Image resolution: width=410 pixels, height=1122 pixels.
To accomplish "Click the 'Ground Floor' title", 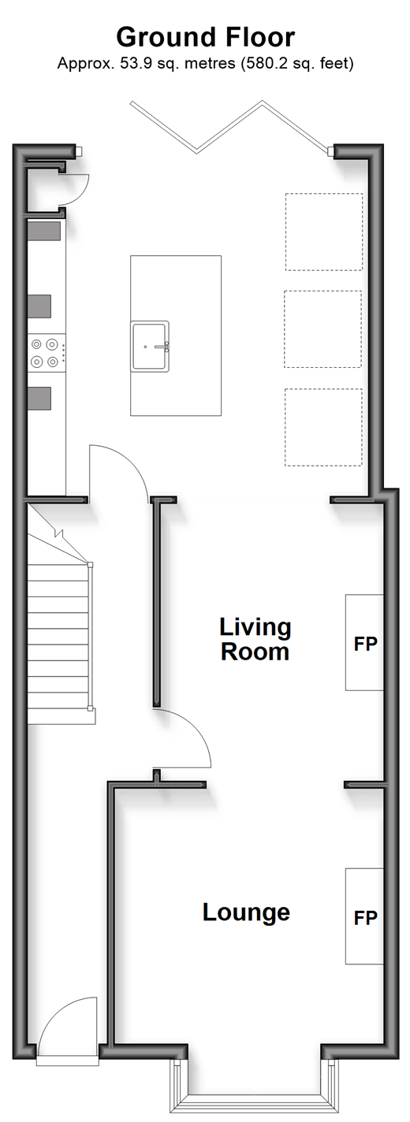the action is (x=206, y=38).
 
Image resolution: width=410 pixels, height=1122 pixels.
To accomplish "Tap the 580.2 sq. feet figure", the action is (x=297, y=64).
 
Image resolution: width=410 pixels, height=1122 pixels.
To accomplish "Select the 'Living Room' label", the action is (x=255, y=639).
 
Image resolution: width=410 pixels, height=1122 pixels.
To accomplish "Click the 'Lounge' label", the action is (x=246, y=912).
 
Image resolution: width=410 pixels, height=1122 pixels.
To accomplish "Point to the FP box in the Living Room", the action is (x=364, y=643).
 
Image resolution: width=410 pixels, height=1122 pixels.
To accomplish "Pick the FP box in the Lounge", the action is (x=364, y=916).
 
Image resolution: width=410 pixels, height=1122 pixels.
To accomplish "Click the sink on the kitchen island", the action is (x=151, y=346).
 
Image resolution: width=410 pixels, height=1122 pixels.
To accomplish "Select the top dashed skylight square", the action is (x=324, y=232).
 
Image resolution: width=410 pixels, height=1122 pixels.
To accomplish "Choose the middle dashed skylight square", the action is (x=322, y=329).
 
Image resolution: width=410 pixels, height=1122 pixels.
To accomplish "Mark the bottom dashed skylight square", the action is (x=323, y=427).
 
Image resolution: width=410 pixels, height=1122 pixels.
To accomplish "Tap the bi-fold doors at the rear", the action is (x=230, y=125).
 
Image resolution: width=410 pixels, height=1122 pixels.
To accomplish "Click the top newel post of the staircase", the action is (x=90, y=565).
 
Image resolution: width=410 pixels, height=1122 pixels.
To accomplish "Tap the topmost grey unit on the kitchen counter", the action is (x=44, y=231).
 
